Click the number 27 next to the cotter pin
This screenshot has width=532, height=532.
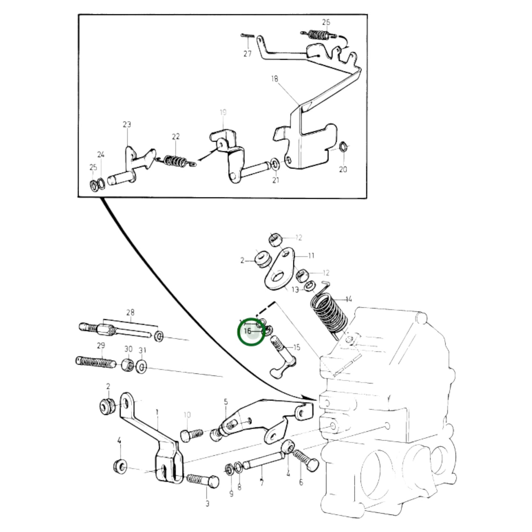point(247,54)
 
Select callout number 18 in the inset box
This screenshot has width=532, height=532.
point(274,79)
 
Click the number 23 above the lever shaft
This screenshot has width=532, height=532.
point(127,124)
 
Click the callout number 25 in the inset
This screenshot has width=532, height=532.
point(93,167)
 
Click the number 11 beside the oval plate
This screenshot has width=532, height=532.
point(311,256)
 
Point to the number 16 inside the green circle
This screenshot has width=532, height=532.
point(247,331)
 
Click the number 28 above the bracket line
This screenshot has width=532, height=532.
point(130,313)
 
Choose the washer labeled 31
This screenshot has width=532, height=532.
point(141,367)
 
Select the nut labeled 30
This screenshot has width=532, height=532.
point(128,364)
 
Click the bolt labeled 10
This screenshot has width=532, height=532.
point(191,435)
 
